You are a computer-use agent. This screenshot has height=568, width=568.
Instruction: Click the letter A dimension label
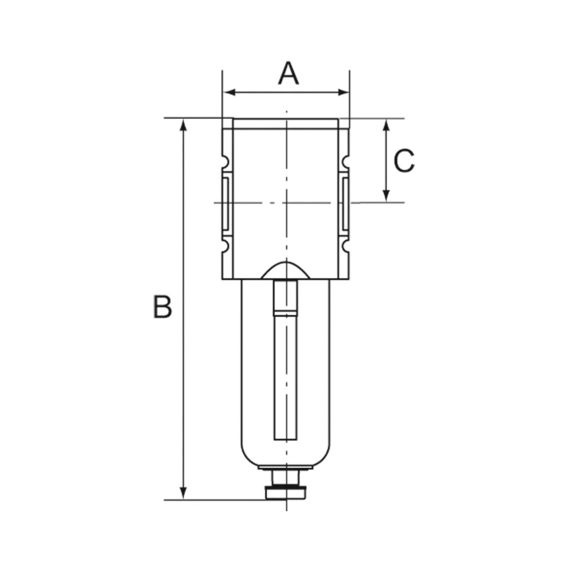click(288, 74)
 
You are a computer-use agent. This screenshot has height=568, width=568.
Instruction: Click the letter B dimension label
click(162, 307)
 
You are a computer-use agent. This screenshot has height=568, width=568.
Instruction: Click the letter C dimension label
click(404, 161)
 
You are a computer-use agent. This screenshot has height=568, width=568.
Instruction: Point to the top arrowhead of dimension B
click(184, 124)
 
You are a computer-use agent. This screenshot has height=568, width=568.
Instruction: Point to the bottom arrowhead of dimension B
click(184, 493)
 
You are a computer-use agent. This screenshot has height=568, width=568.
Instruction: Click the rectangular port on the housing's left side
click(227, 203)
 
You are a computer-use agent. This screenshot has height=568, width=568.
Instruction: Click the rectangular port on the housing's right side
click(344, 203)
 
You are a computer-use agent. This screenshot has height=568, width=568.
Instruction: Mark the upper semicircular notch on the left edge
click(225, 162)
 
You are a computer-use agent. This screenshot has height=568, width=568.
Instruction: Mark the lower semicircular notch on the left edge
click(225, 246)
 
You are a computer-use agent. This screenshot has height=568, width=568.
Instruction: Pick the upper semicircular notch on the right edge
click(346, 162)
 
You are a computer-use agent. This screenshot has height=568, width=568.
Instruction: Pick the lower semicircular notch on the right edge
click(346, 246)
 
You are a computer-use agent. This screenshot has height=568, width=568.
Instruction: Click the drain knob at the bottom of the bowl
click(286, 491)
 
